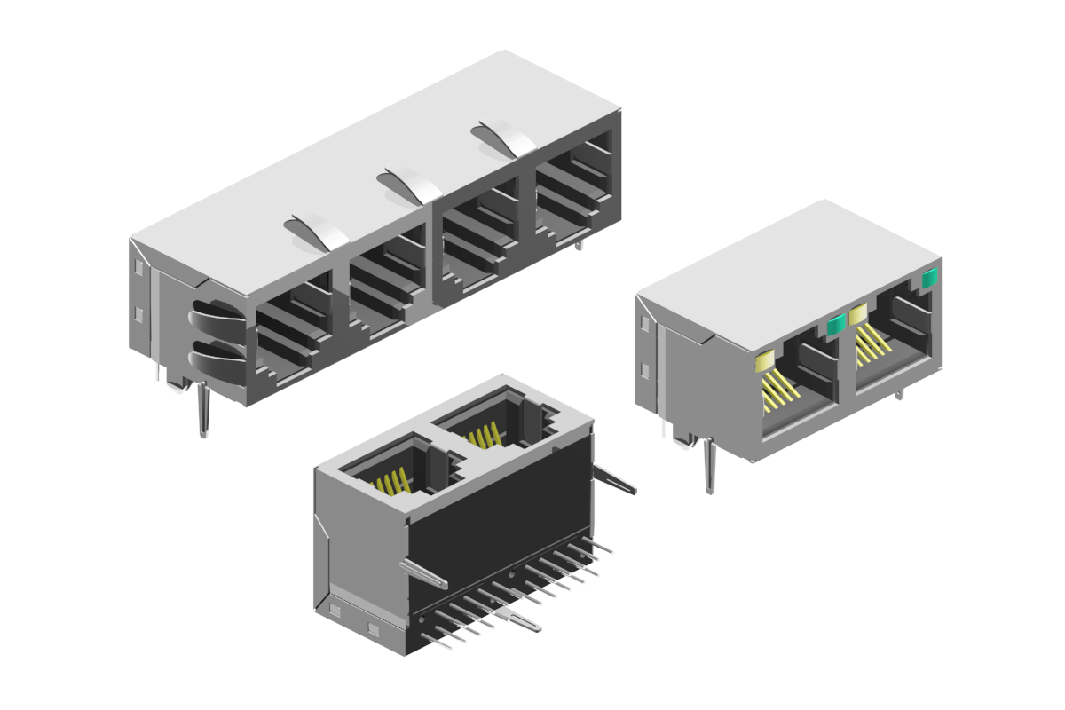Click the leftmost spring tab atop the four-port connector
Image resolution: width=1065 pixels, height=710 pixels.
pos(318,231)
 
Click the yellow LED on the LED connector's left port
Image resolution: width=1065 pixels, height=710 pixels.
pos(764,360)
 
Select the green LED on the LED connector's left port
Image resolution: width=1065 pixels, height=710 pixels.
pos(835,326)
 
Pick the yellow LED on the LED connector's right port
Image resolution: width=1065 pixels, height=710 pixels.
pos(857,313)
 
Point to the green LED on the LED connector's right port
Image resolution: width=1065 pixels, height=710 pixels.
pos(929,279)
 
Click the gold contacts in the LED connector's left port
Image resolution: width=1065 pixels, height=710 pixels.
pos(779,390)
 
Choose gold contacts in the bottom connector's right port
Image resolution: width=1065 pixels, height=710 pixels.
pos(484,437)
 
